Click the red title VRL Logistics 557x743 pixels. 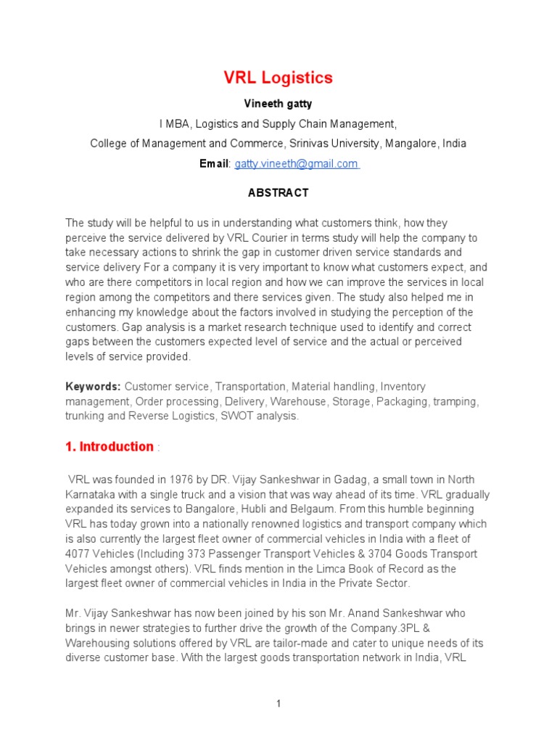point(277,78)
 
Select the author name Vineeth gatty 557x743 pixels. point(278,103)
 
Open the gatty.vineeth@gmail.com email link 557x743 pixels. point(297,164)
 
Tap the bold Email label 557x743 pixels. point(214,164)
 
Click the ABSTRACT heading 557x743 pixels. point(278,193)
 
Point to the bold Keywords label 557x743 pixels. point(94,387)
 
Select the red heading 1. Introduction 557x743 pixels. point(110,447)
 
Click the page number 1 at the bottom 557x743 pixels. point(278,704)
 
